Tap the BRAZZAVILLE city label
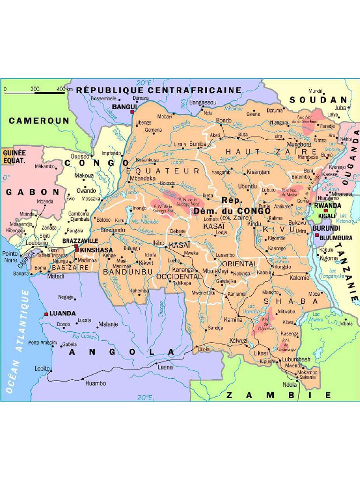click(x=80, y=240)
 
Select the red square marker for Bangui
click(x=133, y=112)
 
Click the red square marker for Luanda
click(x=46, y=314)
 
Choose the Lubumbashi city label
click(x=296, y=359)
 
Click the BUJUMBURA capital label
click(x=336, y=238)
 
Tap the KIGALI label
click(x=326, y=216)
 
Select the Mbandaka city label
click(x=142, y=179)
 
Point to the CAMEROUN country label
click(x=39, y=120)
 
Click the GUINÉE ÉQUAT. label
click(x=14, y=156)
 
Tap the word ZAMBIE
click(x=278, y=395)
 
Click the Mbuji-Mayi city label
click(x=215, y=271)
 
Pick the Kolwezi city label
click(x=239, y=340)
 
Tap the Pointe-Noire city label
click(x=10, y=256)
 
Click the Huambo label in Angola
click(x=96, y=383)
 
